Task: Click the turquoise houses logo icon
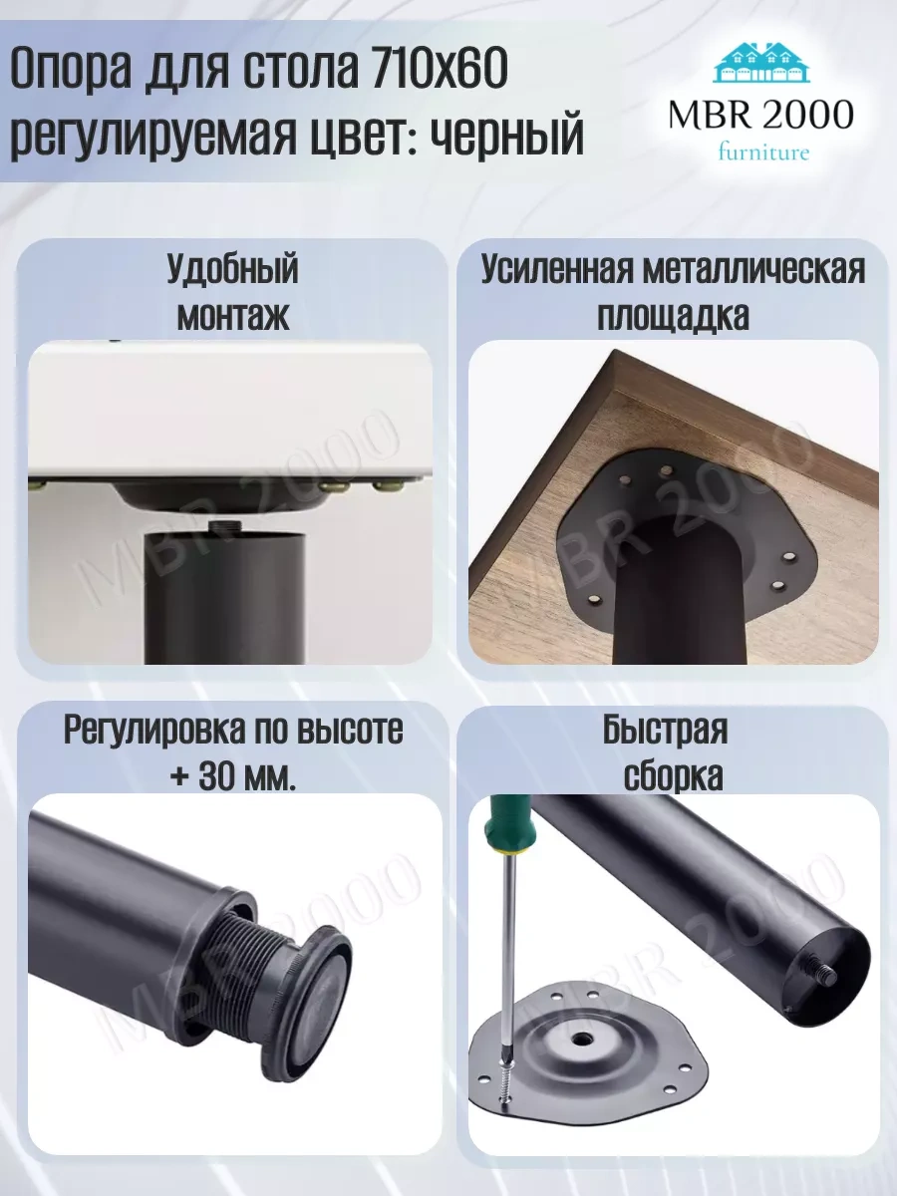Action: tap(761, 65)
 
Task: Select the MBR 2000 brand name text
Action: tap(760, 114)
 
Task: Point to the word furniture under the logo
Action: tap(763, 151)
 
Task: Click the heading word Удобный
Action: tap(232, 270)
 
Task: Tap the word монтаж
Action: tap(233, 316)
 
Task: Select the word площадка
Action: tap(673, 316)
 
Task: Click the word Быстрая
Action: tap(665, 731)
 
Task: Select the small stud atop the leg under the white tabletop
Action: tap(224, 527)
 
